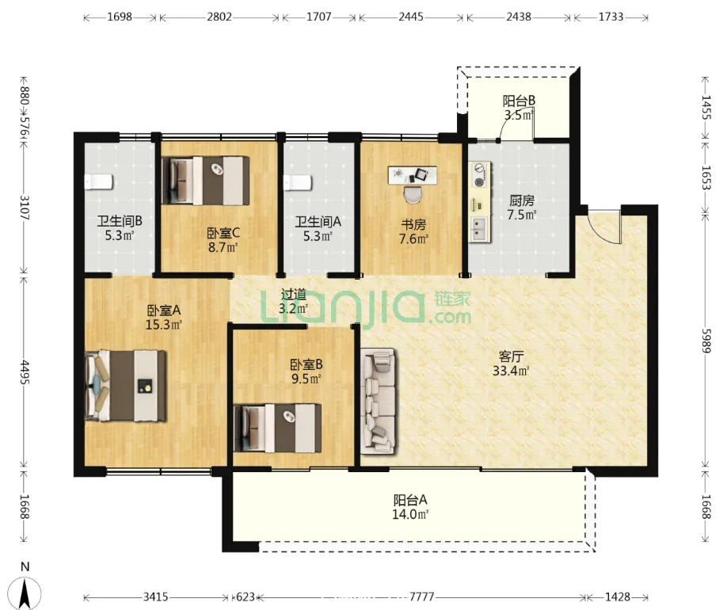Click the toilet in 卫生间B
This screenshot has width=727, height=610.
[98, 182]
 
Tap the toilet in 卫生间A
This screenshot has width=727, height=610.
[298, 182]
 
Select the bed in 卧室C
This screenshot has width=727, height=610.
[205, 181]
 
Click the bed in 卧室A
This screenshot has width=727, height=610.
[126, 386]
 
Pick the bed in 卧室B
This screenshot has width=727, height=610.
[278, 428]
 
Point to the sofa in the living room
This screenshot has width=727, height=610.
[379, 402]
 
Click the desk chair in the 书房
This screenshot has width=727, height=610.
[413, 193]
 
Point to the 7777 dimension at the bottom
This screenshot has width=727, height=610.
[421, 597]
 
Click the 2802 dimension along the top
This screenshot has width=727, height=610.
[219, 17]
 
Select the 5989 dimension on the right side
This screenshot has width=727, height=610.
[706, 341]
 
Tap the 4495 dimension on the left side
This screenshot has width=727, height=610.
[24, 372]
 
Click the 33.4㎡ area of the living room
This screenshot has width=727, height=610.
[511, 371]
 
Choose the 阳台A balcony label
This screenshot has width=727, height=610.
[410, 500]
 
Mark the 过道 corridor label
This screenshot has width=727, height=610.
[294, 294]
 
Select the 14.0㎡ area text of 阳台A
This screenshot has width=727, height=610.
[410, 514]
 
